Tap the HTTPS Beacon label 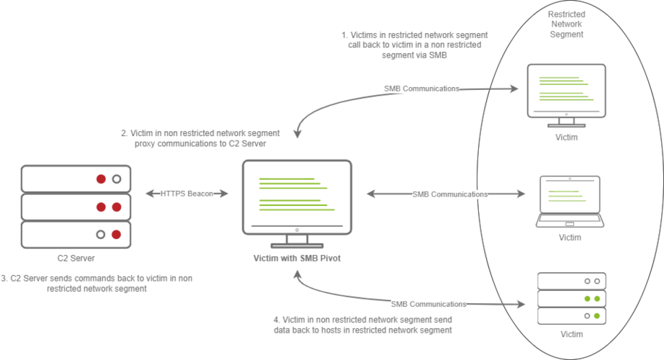[187, 194]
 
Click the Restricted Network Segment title [566, 24]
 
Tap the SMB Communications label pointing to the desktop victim [421, 89]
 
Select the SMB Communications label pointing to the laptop [449, 194]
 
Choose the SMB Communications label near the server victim [429, 303]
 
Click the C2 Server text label [76, 257]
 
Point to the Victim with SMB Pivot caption [296, 257]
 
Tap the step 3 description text [97, 283]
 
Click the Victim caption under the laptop [570, 237]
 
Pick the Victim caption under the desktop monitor [566, 136]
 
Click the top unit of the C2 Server [76, 178]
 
